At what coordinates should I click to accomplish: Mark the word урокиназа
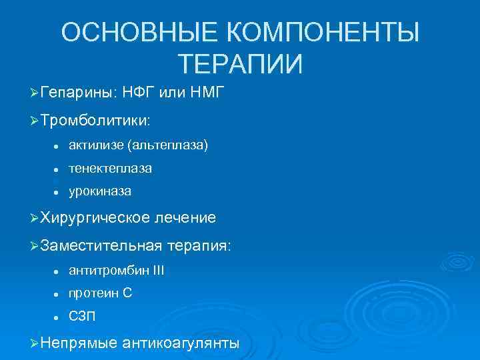[x=99, y=191]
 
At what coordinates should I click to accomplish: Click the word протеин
[x=91, y=293]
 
